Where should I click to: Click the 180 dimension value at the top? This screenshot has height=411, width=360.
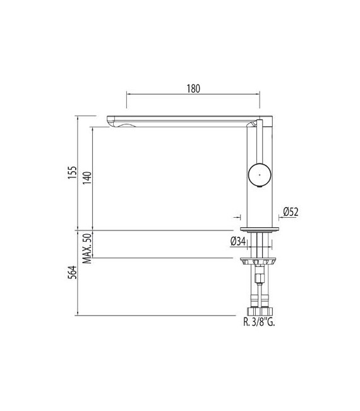193,88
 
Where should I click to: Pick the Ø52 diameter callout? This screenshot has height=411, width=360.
291,212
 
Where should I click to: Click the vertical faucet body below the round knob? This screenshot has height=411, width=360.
259,205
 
